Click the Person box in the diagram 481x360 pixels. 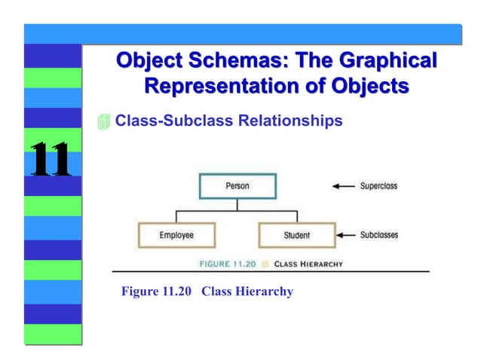click(237, 185)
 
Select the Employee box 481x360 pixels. click(176, 235)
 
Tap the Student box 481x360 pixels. click(296, 235)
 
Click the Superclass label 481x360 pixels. click(378, 185)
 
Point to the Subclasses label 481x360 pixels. click(378, 235)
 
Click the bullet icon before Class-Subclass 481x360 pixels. click(104, 121)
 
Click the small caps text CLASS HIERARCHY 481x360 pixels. click(308, 264)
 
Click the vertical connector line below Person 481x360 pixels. click(237, 205)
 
